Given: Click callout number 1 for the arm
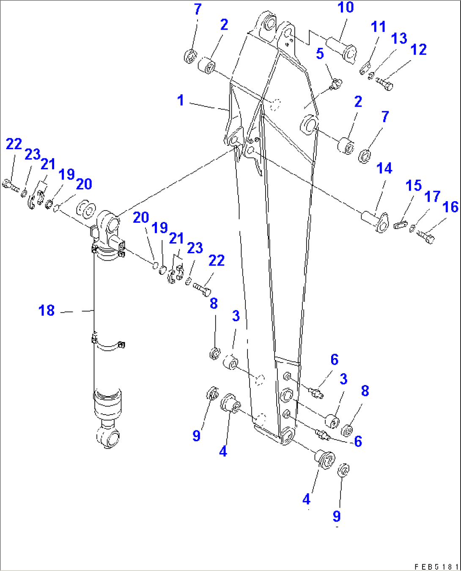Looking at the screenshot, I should click(x=181, y=100).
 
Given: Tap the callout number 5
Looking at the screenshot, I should click(x=320, y=54).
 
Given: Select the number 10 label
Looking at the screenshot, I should click(x=346, y=8).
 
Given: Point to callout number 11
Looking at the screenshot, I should click(x=378, y=27).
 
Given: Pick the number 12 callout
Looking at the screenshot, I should click(x=418, y=49).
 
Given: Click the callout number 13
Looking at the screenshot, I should click(x=399, y=38).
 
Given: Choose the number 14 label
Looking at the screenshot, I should click(x=384, y=168).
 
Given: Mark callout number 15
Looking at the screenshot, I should click(x=413, y=185).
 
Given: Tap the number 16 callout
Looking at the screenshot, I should click(x=450, y=207).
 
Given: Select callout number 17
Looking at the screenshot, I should click(x=432, y=196).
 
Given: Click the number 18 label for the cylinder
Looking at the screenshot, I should click(x=47, y=311).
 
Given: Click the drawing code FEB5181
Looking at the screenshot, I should click(x=436, y=566).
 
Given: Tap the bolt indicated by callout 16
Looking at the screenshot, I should click(x=425, y=237).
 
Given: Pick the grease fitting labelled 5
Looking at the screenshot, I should click(x=336, y=84).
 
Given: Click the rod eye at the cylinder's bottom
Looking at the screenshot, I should click(x=108, y=437).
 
